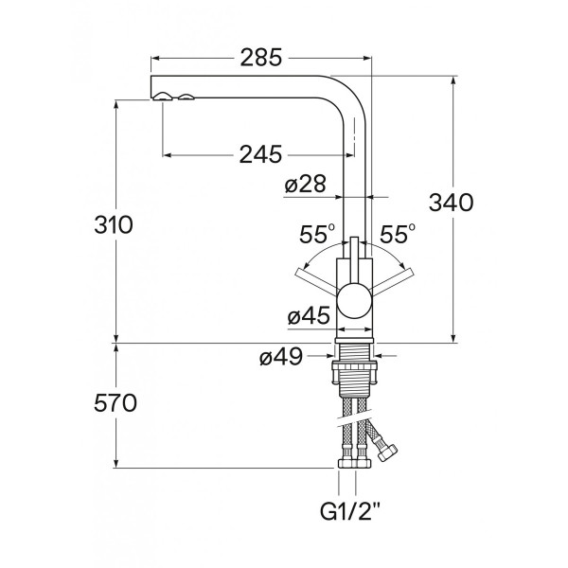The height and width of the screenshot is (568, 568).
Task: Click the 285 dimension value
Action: coord(261,58)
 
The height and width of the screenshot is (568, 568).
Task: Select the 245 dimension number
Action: coord(260,154)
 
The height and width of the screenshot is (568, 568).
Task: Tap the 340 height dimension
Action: coord(451,203)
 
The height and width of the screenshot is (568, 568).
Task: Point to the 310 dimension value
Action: coord(114,224)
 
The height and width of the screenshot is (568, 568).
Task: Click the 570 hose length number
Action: coord(115,403)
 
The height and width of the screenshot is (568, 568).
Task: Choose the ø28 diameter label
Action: coord(305,184)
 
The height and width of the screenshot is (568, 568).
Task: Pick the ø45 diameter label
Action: coord(309,315)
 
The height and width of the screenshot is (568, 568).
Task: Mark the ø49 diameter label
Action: coord(281,357)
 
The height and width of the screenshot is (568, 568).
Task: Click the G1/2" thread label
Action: coord(350,511)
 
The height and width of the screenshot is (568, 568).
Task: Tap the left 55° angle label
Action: coord(317,234)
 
